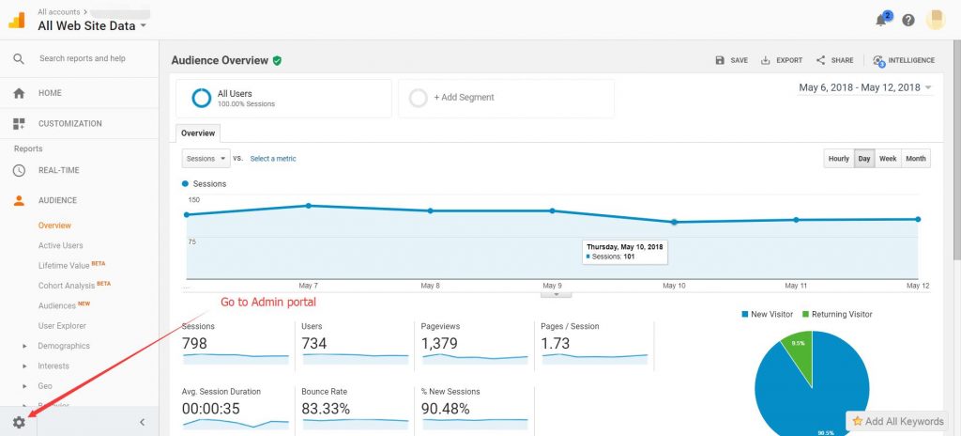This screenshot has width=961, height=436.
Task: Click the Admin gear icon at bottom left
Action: (x=19, y=423)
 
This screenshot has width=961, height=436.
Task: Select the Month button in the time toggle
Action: (x=916, y=159)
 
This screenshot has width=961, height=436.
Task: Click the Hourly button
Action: (x=838, y=159)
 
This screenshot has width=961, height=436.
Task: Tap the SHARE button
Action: (x=834, y=60)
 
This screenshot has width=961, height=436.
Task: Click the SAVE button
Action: (x=731, y=60)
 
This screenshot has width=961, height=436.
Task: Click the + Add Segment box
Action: (x=506, y=98)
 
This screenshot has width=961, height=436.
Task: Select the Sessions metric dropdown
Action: (x=206, y=159)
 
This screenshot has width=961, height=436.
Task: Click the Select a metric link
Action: (x=273, y=159)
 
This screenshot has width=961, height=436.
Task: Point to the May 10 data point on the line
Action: (x=674, y=222)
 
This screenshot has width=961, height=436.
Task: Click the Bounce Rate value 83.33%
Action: (x=326, y=409)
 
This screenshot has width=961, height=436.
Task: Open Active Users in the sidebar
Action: (x=60, y=245)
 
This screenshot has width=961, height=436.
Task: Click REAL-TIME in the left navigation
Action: (x=58, y=170)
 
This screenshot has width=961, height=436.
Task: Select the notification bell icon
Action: (x=881, y=20)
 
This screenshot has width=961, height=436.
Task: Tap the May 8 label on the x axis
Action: (x=430, y=285)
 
